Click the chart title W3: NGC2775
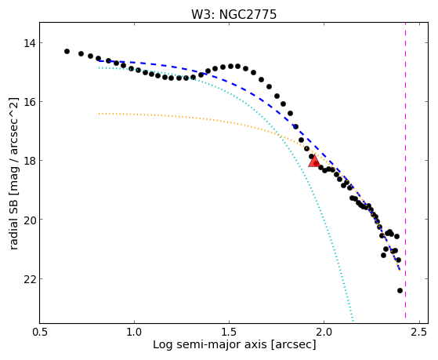[x=233, y=14]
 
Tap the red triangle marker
[x=314, y=161]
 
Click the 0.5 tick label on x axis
[x=40, y=332]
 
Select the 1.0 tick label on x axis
[x=134, y=332]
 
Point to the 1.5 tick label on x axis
[x=230, y=332]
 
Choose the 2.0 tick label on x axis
[x=324, y=332]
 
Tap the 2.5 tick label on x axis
[x=419, y=332]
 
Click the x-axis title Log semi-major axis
[x=210, y=345]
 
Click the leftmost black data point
[x=67, y=51]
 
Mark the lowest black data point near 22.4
[x=400, y=291]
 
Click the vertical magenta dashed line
[x=405, y=173]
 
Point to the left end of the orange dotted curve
[x=99, y=114]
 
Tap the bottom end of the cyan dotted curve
[x=353, y=322]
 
